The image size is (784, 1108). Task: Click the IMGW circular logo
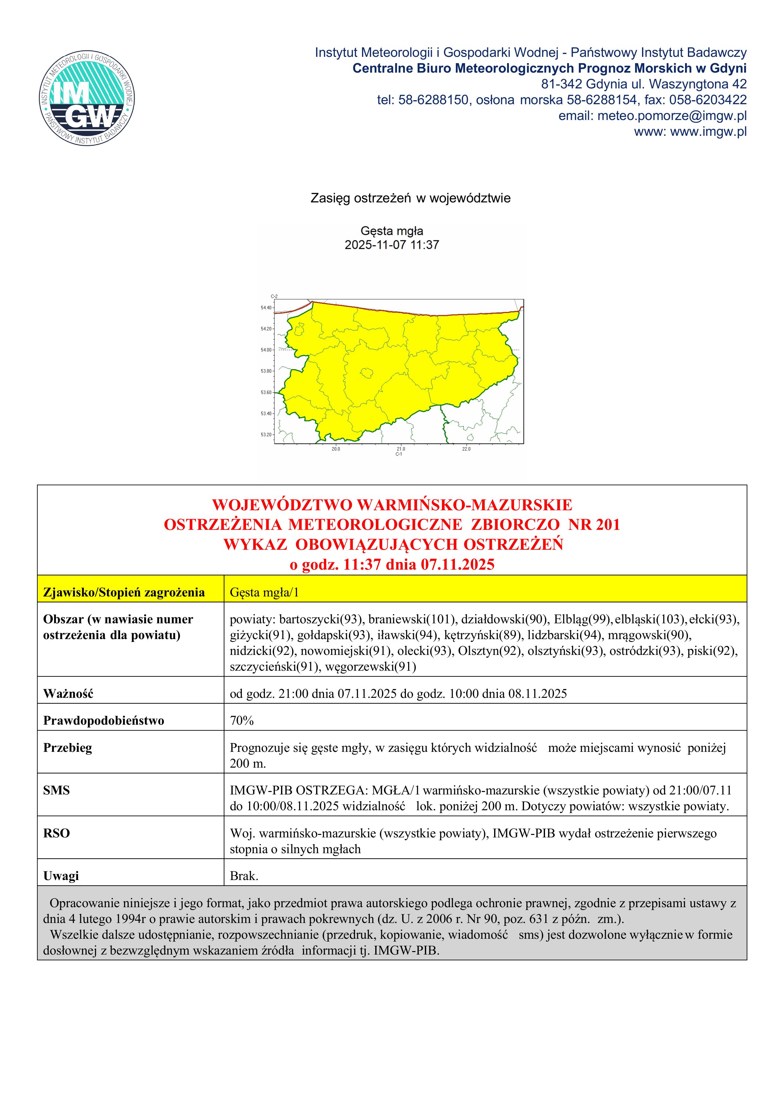click(87, 97)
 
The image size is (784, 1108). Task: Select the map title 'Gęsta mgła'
click(392, 231)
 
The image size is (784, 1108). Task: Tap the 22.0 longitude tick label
click(466, 449)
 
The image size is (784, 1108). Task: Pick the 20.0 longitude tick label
click(336, 449)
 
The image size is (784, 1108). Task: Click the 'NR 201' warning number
click(594, 524)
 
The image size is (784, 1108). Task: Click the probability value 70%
click(242, 721)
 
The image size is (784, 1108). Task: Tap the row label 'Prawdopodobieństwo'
click(103, 721)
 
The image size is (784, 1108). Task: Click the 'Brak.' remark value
click(244, 876)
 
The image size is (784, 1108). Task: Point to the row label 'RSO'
click(57, 833)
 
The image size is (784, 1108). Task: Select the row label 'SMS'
click(57, 790)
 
